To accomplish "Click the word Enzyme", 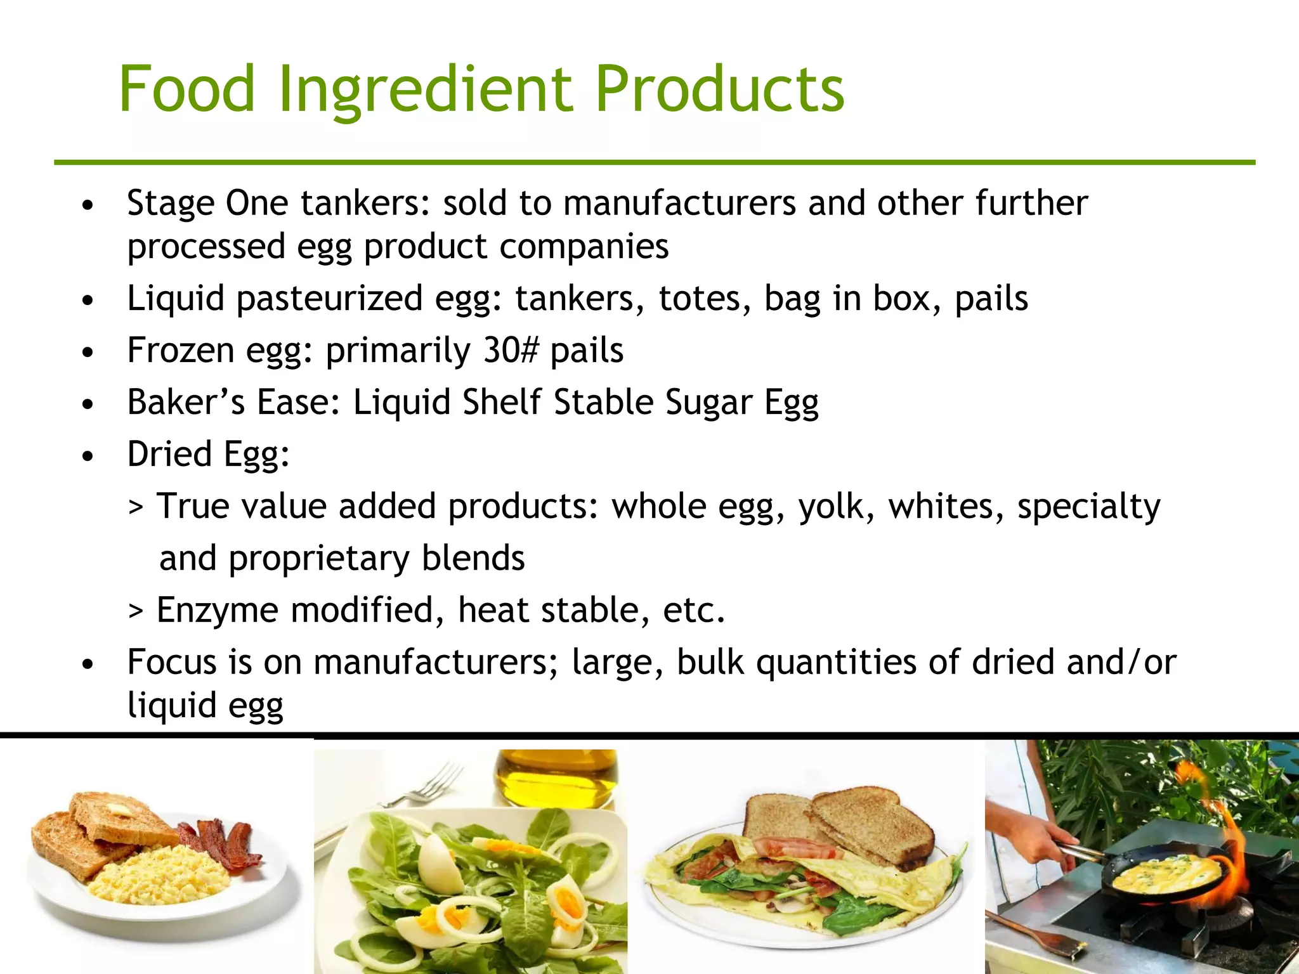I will coord(217,611).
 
